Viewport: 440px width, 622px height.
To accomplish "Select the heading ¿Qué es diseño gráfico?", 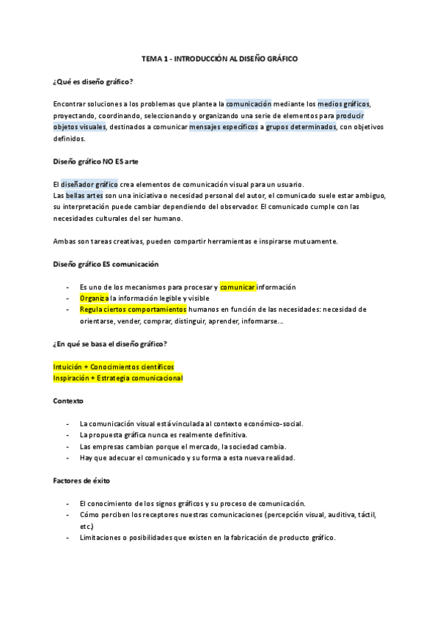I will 93,81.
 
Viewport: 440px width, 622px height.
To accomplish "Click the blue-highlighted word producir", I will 350,116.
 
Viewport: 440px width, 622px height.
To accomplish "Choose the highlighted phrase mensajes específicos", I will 223,127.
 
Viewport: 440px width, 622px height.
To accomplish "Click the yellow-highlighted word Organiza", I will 94,299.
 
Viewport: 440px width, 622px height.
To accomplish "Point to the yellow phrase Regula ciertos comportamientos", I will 133,310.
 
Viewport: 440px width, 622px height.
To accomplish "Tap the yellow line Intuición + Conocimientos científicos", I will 114,366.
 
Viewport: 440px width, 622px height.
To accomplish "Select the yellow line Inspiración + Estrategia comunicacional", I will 118,378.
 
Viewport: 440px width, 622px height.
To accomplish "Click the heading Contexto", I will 69,401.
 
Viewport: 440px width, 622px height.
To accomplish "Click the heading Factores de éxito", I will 82,480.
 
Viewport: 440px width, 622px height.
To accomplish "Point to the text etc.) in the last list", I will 87,527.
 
